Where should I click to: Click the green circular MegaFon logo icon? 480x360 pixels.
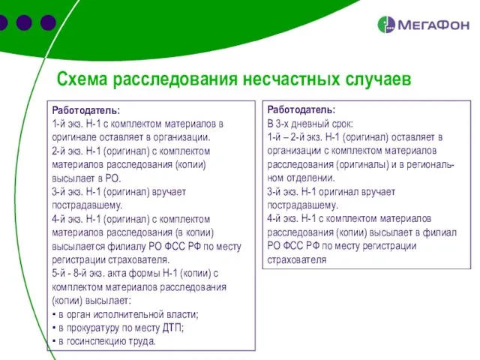point(387,25)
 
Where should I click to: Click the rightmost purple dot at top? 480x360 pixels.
point(49,22)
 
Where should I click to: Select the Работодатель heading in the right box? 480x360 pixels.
point(301,109)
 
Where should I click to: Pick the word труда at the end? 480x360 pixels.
point(142,340)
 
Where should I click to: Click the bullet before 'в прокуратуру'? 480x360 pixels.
point(54,328)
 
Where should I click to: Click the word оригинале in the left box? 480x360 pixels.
point(76,137)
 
